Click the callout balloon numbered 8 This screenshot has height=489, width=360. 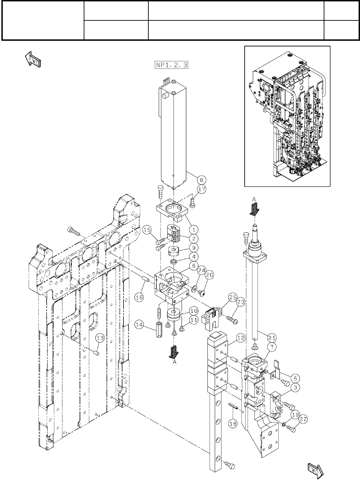202,179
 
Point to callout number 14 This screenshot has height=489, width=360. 139,325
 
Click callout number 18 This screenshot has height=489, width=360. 233,423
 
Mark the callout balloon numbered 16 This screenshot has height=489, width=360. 139,298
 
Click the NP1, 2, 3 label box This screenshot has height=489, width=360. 172,65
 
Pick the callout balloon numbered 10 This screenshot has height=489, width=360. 193,310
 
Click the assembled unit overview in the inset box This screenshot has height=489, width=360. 287,116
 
